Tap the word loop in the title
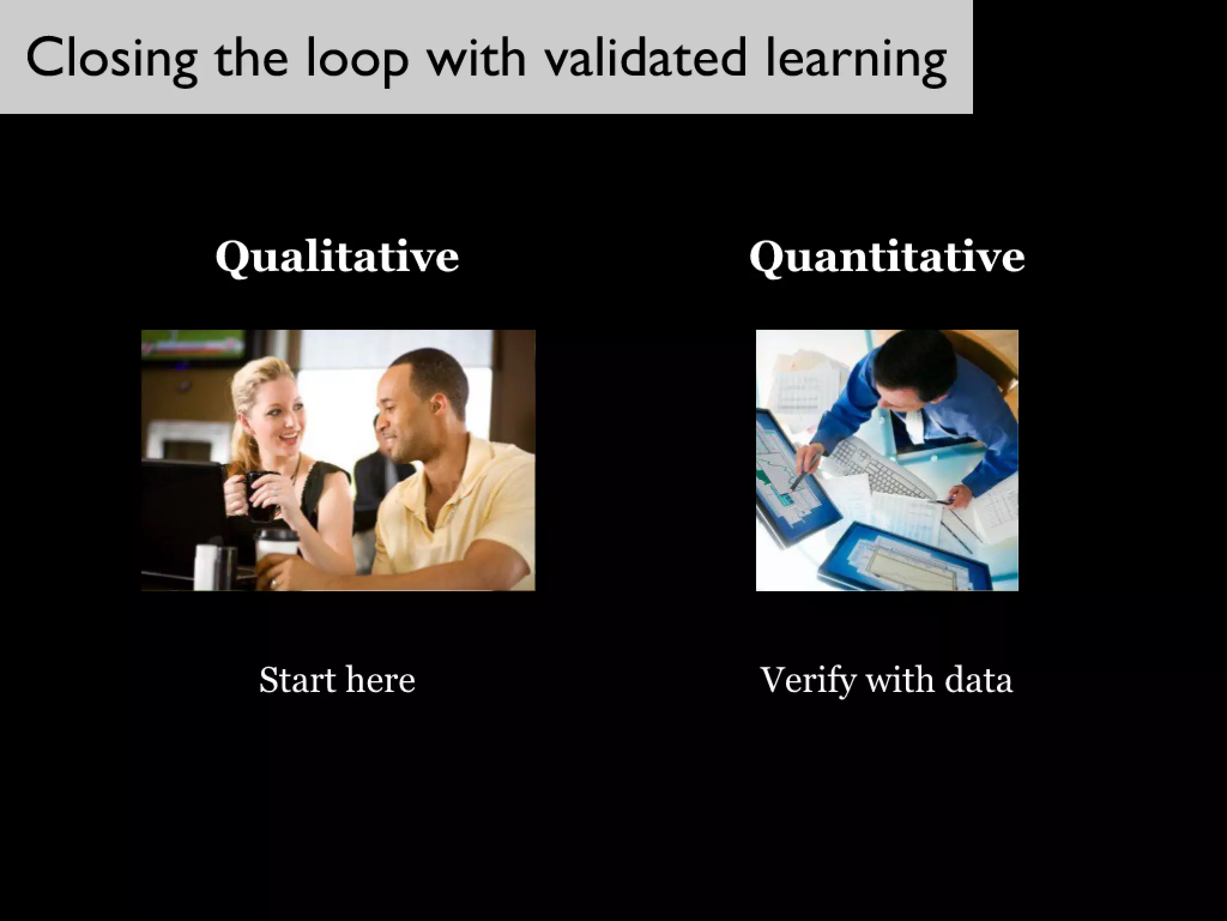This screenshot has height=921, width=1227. coord(357,58)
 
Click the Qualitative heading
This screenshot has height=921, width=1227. coord(337,257)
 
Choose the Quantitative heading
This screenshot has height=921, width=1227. coord(887,257)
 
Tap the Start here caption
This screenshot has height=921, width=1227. coord(337,680)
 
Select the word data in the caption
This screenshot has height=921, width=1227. coord(978,680)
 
